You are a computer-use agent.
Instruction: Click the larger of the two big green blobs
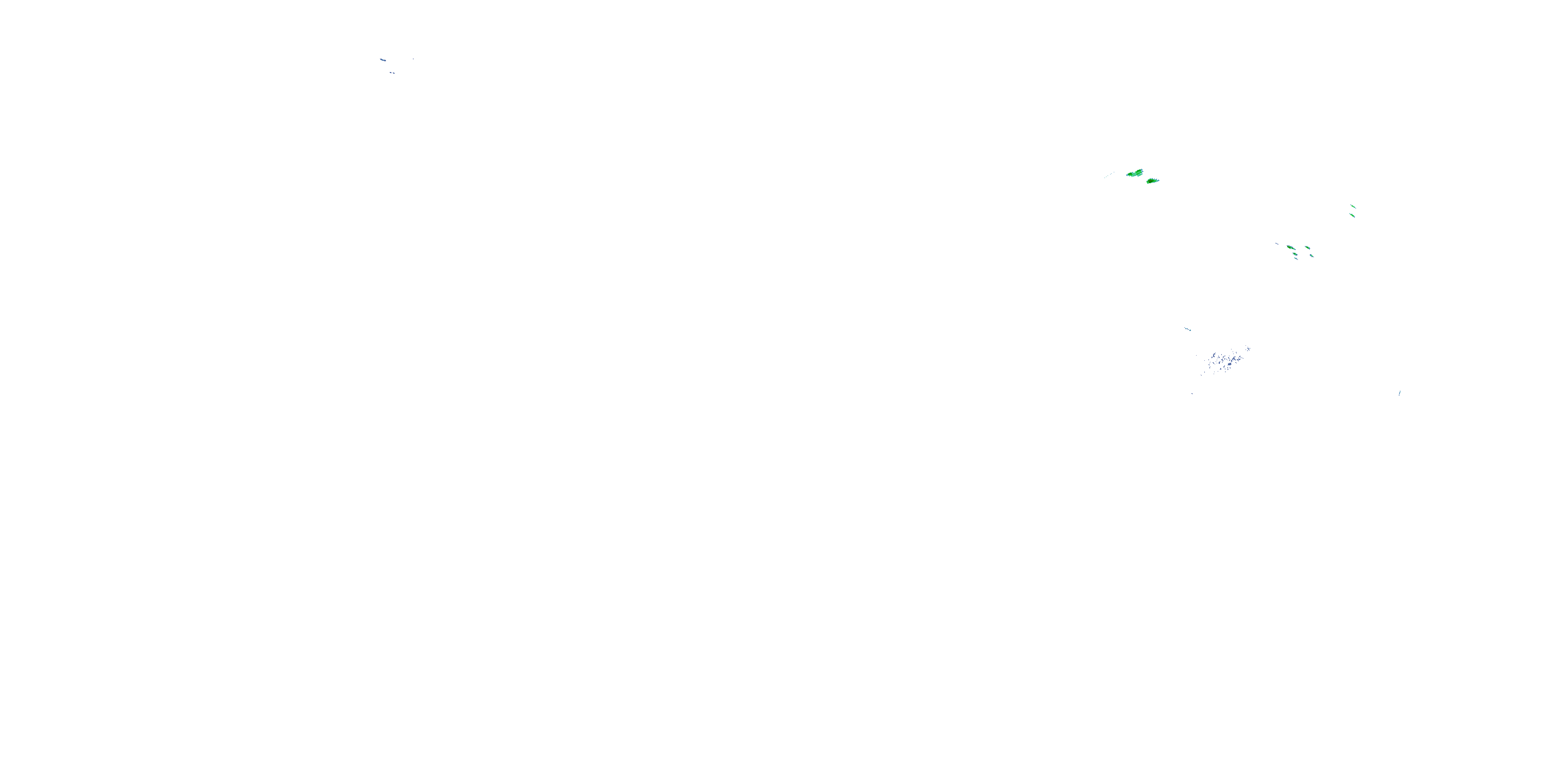tap(1135, 173)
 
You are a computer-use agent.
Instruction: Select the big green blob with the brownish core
tap(1152, 181)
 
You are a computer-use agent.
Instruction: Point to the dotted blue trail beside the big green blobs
tap(1109, 175)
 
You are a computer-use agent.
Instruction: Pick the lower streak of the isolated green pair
tap(1352, 215)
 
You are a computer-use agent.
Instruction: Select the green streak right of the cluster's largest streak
tap(1307, 248)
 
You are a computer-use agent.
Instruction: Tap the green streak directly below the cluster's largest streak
tap(1295, 255)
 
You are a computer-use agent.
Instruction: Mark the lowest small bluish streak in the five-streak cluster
tap(1296, 259)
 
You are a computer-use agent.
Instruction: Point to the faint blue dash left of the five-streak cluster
tap(1278, 243)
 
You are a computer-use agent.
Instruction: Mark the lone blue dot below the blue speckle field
tap(1191, 394)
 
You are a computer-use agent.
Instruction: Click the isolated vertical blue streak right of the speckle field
tap(1399, 393)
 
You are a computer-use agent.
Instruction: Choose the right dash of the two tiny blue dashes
tap(393, 74)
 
